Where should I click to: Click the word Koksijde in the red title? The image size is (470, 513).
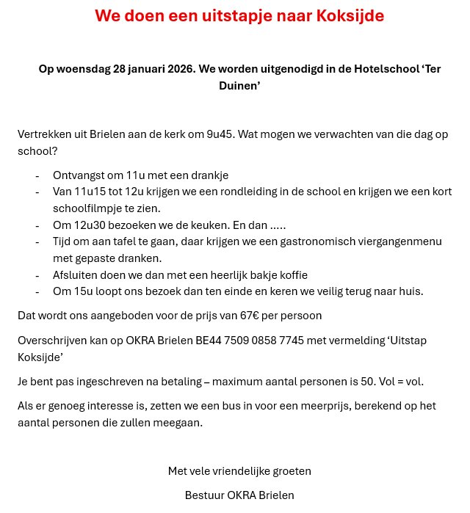[x=348, y=15]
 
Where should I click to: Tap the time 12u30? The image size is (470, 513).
[x=92, y=225]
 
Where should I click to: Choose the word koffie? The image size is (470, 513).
[x=291, y=275]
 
